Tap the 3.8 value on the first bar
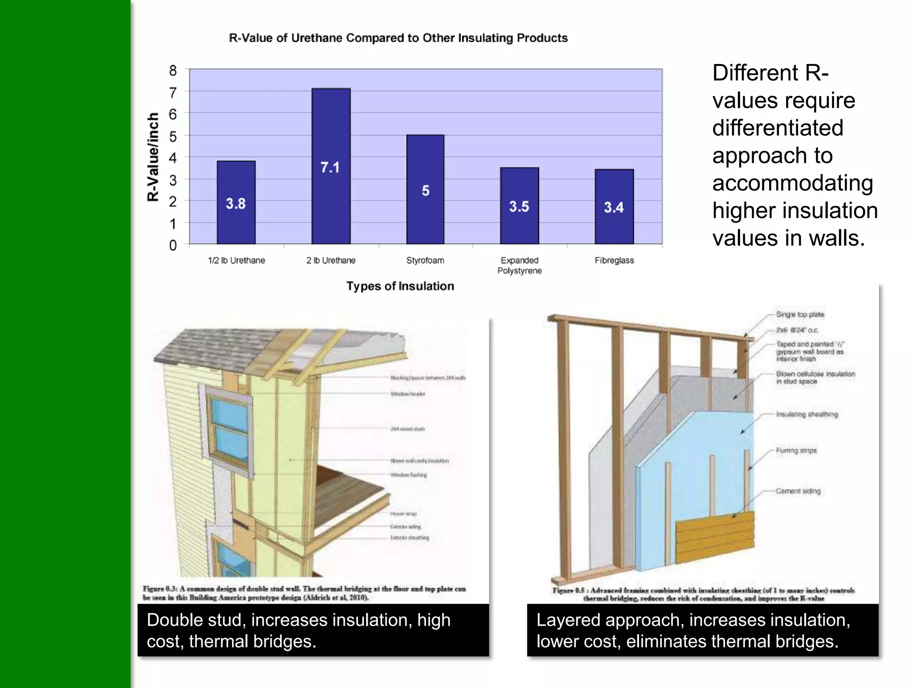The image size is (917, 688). coord(236,204)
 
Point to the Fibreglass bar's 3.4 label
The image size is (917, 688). coord(614,207)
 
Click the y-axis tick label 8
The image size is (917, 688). coord(173,71)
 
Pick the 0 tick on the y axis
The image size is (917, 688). coord(173,245)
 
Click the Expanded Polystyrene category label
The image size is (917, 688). coord(519,265)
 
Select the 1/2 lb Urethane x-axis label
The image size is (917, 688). coord(236,260)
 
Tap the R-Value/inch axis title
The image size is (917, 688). coord(153,157)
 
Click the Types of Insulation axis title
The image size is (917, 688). coord(400,286)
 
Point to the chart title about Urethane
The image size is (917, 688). coord(398,38)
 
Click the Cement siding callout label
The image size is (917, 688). coord(798,491)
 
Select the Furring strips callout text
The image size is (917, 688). coord(796,451)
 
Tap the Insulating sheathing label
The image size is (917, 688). coord(807,414)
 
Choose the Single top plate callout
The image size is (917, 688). coord(800,314)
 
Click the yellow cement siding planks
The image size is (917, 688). coord(715,537)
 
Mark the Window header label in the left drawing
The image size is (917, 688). coord(407,394)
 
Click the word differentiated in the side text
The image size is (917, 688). coord(778,128)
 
